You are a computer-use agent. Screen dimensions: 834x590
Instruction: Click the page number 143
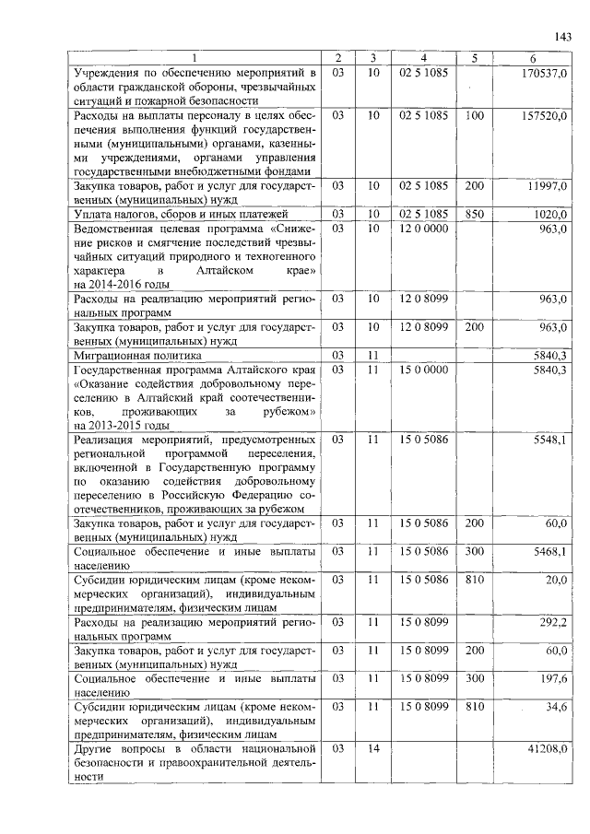click(x=564, y=37)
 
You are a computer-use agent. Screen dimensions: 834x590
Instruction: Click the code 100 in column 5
click(x=475, y=116)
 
